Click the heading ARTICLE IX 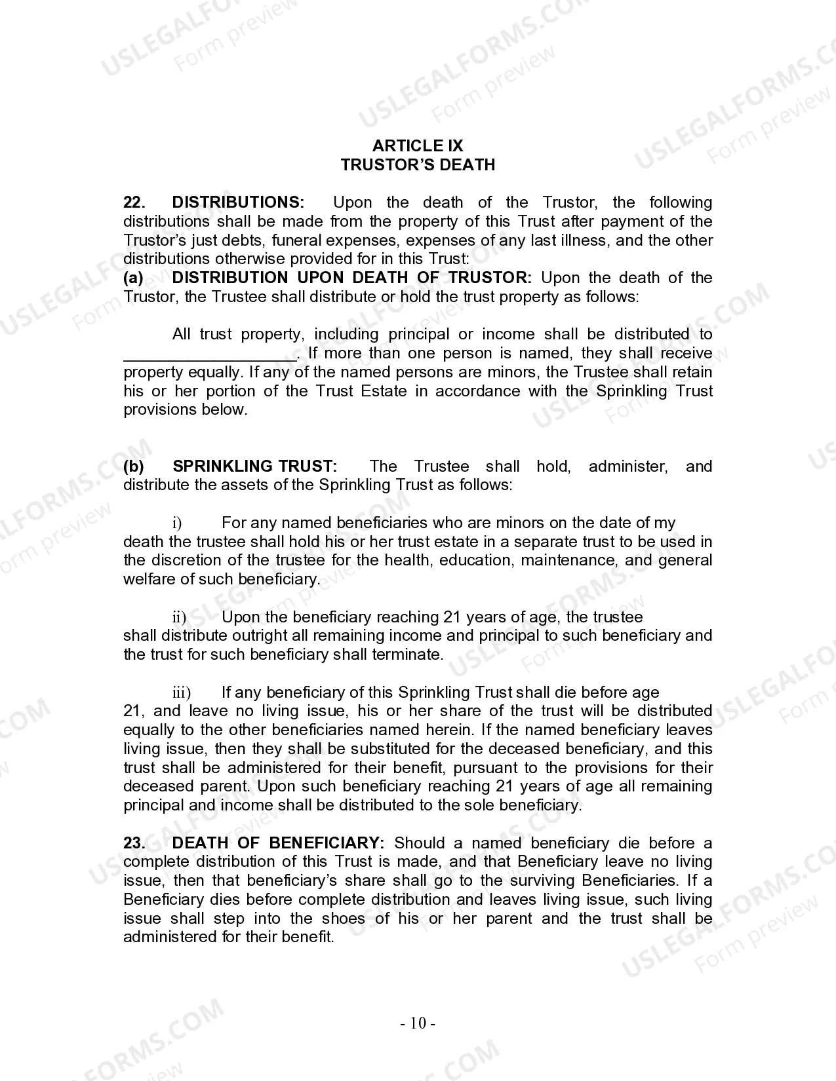(x=418, y=145)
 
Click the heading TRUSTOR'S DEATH (x=418, y=164)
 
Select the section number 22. (x=133, y=202)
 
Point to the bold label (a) (x=133, y=278)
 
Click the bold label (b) (x=134, y=466)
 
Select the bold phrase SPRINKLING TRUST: (x=255, y=466)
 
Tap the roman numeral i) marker (x=177, y=523)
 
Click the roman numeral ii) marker (x=179, y=617)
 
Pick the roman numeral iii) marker (x=182, y=692)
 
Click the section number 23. (x=133, y=843)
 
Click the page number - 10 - (x=418, y=1023)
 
